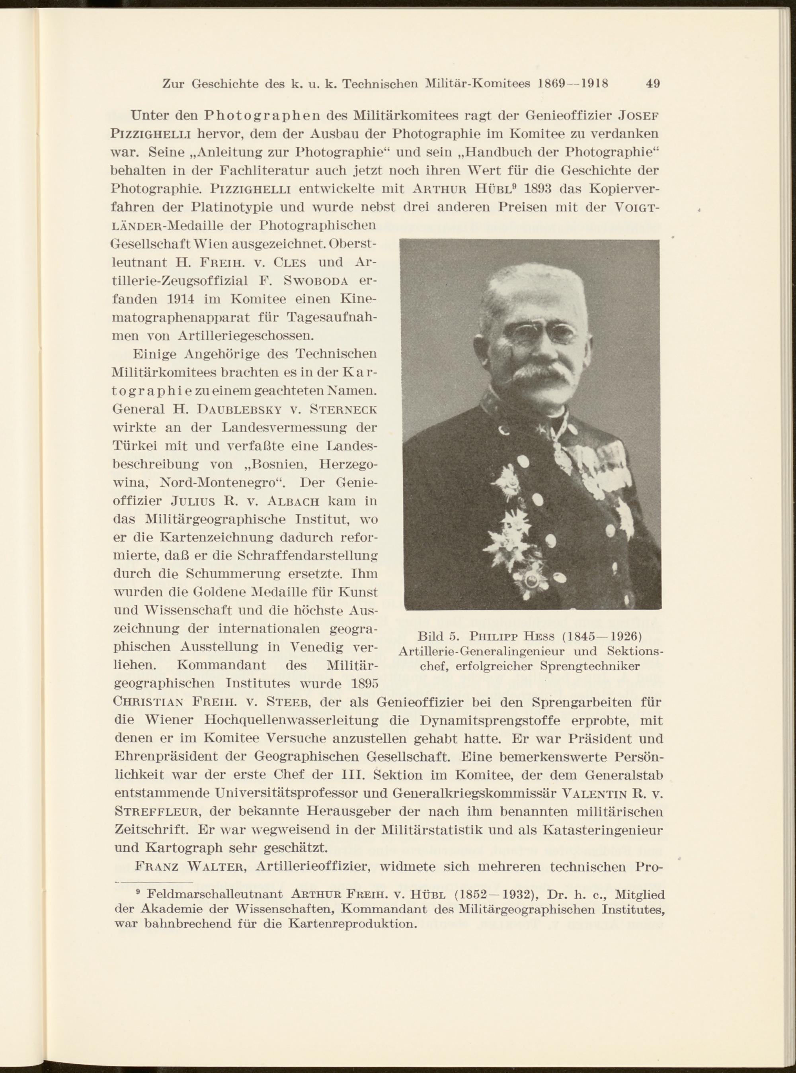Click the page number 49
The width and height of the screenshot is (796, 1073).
tap(652, 83)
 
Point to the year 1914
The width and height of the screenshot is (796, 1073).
tap(181, 299)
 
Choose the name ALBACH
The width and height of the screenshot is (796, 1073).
tap(293, 501)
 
